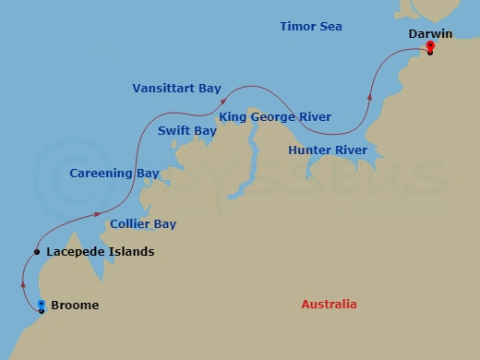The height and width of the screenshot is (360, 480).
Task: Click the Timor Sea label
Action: click(x=310, y=27)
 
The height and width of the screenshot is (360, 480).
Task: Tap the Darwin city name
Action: click(x=430, y=34)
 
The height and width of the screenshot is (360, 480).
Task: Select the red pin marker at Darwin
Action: click(x=431, y=47)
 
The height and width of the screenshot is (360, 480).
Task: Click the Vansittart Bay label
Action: click(x=176, y=89)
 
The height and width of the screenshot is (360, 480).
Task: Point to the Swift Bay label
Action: click(x=186, y=131)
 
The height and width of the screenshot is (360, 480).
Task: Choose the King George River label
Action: click(x=274, y=117)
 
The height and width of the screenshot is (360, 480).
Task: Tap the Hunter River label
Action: click(x=327, y=150)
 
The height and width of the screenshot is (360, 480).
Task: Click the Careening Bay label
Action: click(x=114, y=173)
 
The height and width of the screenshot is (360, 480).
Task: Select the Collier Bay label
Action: click(x=143, y=224)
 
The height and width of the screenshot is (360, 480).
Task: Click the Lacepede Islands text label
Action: click(x=100, y=252)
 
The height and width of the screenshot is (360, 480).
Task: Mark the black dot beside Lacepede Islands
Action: click(x=36, y=252)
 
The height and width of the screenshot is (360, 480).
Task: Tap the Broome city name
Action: click(x=75, y=306)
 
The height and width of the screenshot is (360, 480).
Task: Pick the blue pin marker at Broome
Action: click(x=42, y=305)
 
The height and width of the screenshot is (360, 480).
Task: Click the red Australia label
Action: click(x=329, y=305)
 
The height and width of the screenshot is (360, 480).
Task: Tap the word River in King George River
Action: click(x=313, y=117)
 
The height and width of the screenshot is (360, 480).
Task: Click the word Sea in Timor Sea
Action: click(x=330, y=27)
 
